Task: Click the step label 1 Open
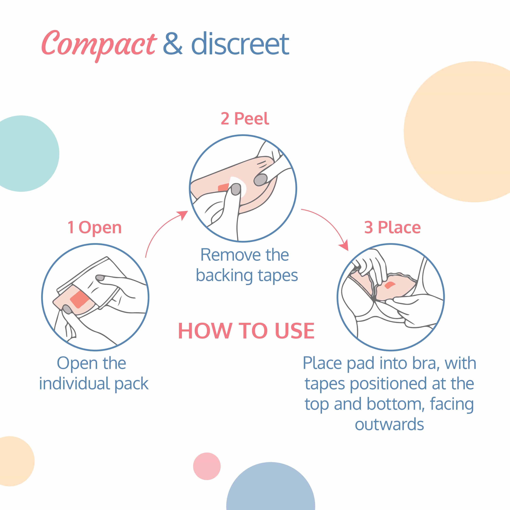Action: (x=95, y=228)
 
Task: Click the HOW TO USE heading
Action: (x=246, y=331)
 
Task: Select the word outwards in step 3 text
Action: (x=389, y=424)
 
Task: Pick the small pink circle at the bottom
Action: (x=207, y=466)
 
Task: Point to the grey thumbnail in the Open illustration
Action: (x=67, y=309)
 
